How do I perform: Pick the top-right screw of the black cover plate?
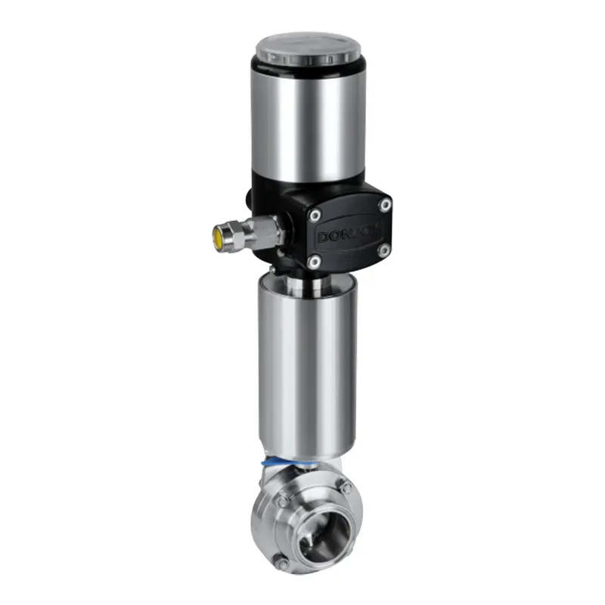[385, 204]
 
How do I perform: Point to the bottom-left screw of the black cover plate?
[314, 262]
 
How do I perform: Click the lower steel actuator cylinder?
[306, 363]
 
